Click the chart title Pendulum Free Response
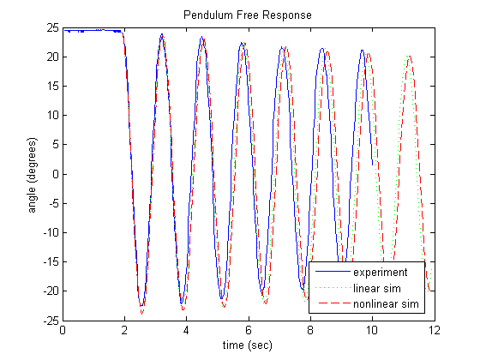click(x=249, y=15)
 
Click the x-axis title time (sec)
click(x=249, y=345)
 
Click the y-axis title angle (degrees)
click(x=32, y=174)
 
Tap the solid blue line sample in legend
click(x=328, y=273)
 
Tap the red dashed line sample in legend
click(x=328, y=303)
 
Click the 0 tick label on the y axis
click(x=55, y=174)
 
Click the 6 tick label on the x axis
click(x=249, y=330)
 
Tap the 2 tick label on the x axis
click(x=124, y=330)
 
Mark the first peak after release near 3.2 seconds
click(x=162, y=34)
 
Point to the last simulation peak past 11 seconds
click(x=409, y=57)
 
